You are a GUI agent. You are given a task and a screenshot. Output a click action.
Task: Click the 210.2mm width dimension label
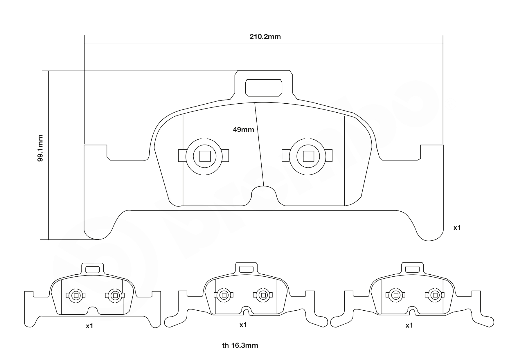coord(265,37)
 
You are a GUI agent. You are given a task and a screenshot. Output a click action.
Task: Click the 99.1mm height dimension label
coord(40,148)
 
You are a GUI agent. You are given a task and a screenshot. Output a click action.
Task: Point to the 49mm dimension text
coord(243,130)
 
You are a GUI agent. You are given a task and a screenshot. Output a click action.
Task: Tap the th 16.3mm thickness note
coord(240,345)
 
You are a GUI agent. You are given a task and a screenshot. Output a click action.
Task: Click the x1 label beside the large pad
coord(457,228)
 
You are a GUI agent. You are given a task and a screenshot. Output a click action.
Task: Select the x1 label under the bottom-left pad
coord(89,326)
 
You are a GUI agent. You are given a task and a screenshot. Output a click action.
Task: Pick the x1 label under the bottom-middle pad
coord(243,325)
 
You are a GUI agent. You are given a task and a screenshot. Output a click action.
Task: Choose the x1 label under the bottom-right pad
coord(409,325)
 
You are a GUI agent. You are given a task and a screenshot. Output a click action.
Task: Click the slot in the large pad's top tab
coord(264,88)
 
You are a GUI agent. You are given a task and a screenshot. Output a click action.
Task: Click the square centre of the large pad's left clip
coord(205,156)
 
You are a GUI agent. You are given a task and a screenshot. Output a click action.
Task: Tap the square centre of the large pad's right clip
coord(308,156)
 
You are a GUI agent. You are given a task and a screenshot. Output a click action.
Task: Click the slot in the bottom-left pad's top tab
coord(93,269)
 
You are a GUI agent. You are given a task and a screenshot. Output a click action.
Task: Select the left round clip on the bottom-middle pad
coord(224,295)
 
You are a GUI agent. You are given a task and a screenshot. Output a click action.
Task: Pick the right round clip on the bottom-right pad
coord(435,295)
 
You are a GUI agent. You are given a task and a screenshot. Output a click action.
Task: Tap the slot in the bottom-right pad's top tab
coord(412,269)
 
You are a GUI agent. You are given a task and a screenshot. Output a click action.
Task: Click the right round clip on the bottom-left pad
coord(115,296)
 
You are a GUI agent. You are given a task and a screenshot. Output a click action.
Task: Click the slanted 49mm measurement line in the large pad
coord(259,145)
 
